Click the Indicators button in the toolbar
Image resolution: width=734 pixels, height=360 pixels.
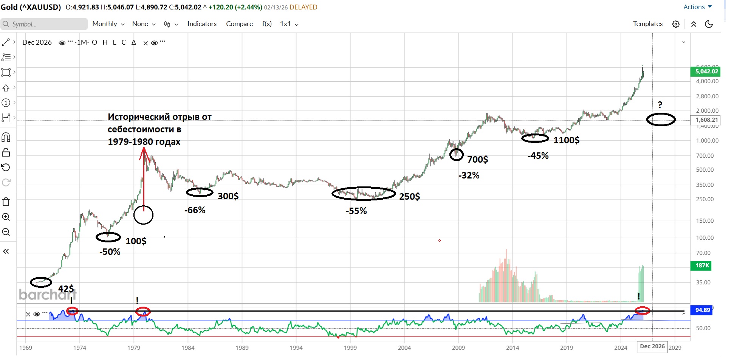(x=202, y=24)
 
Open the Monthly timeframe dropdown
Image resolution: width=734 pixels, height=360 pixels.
(x=108, y=24)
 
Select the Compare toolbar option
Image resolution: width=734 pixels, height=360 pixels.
(x=239, y=24)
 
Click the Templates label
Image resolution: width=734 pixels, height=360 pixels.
(x=647, y=24)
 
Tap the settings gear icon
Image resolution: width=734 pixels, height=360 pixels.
(x=675, y=24)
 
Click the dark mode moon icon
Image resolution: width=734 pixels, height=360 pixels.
(x=709, y=24)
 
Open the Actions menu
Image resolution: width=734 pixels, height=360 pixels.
(x=697, y=7)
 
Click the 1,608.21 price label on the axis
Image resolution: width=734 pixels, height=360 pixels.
(x=706, y=120)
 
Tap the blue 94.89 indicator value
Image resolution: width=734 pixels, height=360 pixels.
(x=702, y=310)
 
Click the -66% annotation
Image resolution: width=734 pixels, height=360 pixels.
(x=195, y=210)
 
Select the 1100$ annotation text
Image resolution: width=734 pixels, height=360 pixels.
(x=566, y=140)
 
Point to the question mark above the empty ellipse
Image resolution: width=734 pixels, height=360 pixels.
(x=660, y=105)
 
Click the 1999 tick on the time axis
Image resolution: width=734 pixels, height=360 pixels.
(x=350, y=348)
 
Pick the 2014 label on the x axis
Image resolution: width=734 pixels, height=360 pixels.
(x=513, y=348)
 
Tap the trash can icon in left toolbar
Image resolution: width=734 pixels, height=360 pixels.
(x=6, y=202)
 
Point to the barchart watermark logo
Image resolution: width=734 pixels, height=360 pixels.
(x=48, y=294)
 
